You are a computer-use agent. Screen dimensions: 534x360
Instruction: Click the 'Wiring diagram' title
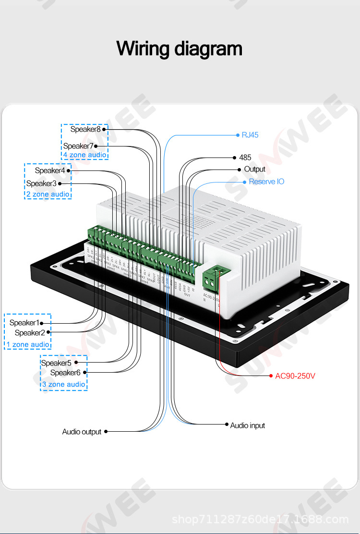pyautogui.click(x=180, y=49)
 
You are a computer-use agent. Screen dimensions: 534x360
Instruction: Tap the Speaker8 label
pyautogui.click(x=85, y=129)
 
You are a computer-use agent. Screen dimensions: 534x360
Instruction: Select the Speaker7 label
pyautogui.click(x=78, y=146)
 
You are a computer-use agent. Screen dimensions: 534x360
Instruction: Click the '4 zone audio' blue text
pyautogui.click(x=84, y=155)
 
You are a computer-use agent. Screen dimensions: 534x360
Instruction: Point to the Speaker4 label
pyautogui.click(x=50, y=170)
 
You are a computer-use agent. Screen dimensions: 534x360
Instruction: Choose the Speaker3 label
pyautogui.click(x=41, y=183)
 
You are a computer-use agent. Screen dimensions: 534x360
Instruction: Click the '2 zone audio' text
pyautogui.click(x=48, y=194)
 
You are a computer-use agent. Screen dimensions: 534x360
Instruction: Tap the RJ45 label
pyautogui.click(x=250, y=135)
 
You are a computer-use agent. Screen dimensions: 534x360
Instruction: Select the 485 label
pyautogui.click(x=245, y=158)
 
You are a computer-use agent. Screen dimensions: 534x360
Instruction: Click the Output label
pyautogui.click(x=254, y=170)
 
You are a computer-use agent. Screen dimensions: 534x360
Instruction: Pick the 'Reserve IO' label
pyautogui.click(x=266, y=182)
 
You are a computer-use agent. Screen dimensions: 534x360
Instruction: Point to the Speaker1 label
pyautogui.click(x=24, y=323)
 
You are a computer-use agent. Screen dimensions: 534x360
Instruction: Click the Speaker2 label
pyautogui.click(x=30, y=333)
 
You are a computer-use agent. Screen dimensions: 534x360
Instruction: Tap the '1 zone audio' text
pyautogui.click(x=28, y=344)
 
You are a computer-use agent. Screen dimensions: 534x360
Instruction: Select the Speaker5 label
pyautogui.click(x=56, y=363)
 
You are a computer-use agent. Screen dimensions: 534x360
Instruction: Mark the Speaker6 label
pyautogui.click(x=65, y=373)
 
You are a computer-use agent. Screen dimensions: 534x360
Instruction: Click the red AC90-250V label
pyautogui.click(x=295, y=376)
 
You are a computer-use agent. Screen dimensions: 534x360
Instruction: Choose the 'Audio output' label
pyautogui.click(x=82, y=432)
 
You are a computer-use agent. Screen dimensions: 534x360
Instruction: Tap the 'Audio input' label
pyautogui.click(x=247, y=425)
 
